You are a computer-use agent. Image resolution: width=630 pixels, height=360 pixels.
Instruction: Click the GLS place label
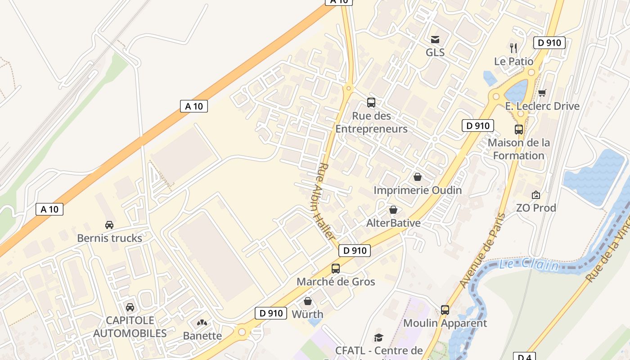click(x=435, y=53)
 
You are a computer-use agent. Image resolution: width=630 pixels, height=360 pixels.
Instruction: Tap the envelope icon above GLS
click(x=435, y=40)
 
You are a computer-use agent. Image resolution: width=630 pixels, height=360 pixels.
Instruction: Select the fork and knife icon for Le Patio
click(x=513, y=48)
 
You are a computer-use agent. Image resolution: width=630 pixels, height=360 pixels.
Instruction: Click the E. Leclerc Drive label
click(x=542, y=106)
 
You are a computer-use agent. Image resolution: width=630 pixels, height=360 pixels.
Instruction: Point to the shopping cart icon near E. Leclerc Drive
click(x=542, y=93)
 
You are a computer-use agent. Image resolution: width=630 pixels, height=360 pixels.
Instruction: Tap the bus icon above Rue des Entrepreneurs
click(x=371, y=103)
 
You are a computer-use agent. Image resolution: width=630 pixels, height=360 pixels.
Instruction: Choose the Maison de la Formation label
click(x=519, y=149)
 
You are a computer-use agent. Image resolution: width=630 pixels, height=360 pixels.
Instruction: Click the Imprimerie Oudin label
click(x=418, y=190)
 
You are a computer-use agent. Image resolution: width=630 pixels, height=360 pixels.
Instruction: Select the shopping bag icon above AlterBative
click(x=393, y=210)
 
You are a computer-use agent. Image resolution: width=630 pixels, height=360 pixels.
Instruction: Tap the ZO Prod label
click(x=536, y=208)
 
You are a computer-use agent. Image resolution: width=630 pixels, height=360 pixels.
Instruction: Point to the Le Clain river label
click(x=528, y=265)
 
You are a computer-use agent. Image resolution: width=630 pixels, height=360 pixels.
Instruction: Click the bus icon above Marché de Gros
click(x=336, y=269)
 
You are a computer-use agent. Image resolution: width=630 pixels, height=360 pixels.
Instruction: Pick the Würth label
click(x=308, y=314)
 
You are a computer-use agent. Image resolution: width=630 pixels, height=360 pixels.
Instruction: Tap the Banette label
click(x=202, y=336)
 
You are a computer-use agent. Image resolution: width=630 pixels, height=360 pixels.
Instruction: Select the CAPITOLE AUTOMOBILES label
click(x=130, y=327)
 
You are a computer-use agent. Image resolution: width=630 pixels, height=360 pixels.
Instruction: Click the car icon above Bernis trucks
click(x=109, y=225)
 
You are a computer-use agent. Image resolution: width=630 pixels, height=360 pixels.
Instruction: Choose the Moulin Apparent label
click(x=445, y=323)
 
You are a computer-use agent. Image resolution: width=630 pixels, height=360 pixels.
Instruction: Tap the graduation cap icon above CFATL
click(x=379, y=337)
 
